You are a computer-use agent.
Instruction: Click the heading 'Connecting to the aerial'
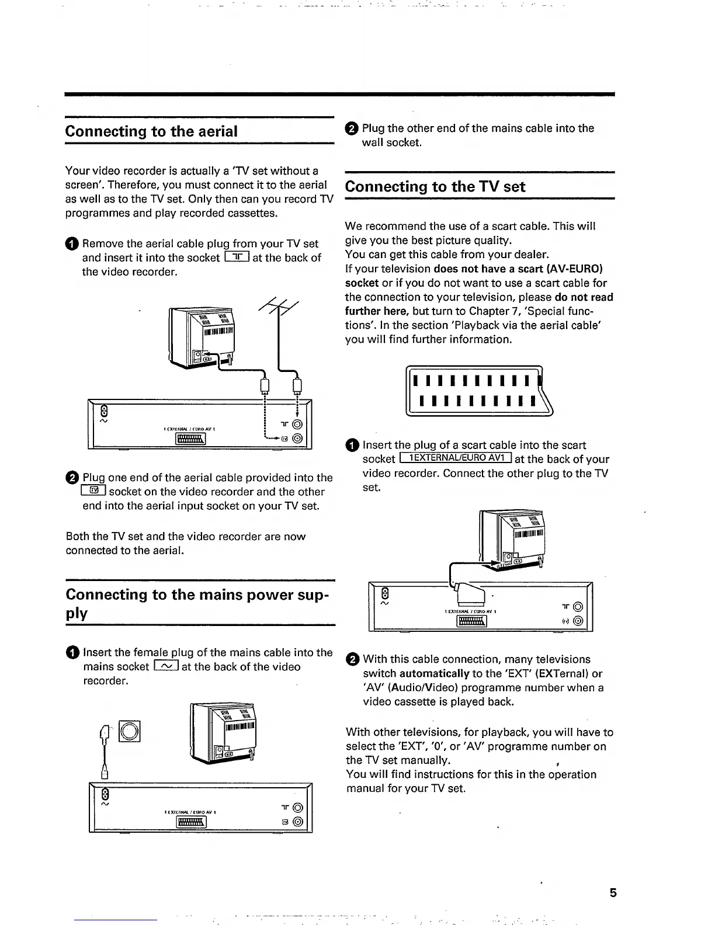(x=151, y=131)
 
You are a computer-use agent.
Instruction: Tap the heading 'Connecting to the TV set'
(x=435, y=187)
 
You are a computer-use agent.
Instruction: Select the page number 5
(x=613, y=893)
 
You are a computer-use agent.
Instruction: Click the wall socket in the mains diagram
(x=130, y=732)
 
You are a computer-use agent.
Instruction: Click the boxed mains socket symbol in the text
(x=166, y=667)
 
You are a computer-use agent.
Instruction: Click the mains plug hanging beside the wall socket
(x=106, y=753)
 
